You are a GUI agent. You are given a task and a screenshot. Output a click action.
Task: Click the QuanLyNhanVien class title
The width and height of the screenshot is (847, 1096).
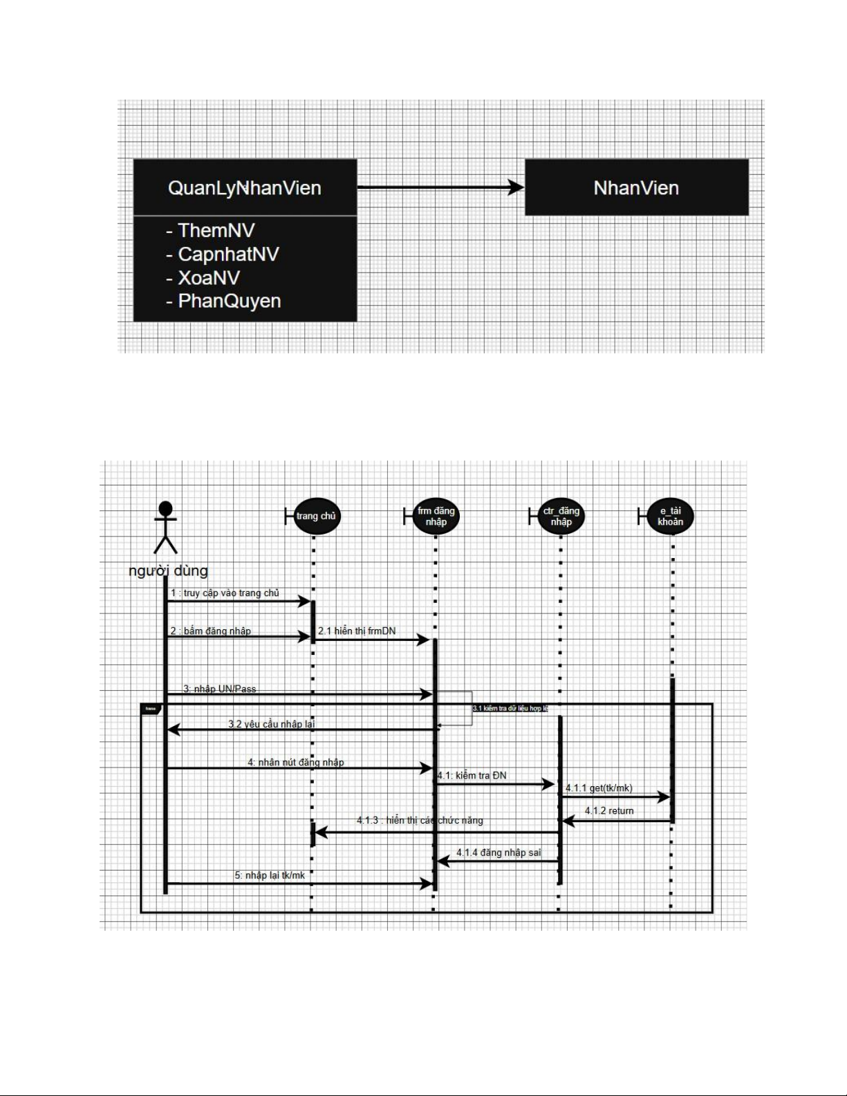click(245, 188)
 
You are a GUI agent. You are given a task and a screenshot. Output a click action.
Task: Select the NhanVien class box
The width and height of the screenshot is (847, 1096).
click(636, 188)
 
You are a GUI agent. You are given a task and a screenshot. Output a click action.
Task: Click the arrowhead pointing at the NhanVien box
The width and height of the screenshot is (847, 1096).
click(516, 187)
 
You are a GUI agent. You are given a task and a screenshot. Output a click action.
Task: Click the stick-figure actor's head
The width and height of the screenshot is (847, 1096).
click(165, 510)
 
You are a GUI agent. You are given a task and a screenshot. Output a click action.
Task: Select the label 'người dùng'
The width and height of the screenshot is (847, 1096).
click(168, 571)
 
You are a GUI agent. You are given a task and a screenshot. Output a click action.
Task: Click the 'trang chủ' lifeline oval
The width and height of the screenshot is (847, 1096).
click(316, 517)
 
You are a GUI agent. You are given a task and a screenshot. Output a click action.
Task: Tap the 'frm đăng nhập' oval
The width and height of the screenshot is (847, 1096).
click(436, 517)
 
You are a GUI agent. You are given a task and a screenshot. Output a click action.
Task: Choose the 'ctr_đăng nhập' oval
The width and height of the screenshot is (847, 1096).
click(561, 517)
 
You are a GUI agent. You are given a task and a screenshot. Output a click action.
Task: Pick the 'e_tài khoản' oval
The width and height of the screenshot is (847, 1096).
click(670, 517)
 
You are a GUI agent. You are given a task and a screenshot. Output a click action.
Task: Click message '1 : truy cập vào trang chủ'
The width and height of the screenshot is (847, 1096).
click(225, 593)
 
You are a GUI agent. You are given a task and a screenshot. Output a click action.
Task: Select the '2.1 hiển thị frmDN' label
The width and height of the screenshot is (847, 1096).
click(357, 631)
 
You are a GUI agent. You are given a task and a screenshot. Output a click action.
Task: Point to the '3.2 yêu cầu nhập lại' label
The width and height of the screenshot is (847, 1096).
click(271, 724)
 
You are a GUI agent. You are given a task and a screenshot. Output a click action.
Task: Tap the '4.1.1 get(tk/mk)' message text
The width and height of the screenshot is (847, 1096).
click(599, 788)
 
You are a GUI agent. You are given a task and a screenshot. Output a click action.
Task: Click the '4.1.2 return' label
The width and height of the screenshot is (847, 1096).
click(609, 811)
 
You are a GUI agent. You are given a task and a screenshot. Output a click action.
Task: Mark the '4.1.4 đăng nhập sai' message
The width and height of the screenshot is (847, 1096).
click(499, 853)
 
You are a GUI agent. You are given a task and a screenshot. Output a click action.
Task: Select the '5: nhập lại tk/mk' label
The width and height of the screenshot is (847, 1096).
click(270, 875)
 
